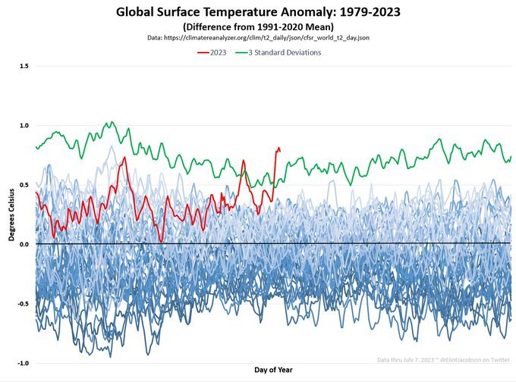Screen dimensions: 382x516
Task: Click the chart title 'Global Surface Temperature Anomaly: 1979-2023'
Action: pos(258,12)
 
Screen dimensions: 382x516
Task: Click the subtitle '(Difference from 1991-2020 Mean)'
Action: pos(258,26)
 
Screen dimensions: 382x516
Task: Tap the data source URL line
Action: pos(258,36)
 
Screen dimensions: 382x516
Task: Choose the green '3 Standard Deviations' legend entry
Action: pos(279,52)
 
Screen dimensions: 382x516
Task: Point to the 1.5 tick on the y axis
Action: pos(24,66)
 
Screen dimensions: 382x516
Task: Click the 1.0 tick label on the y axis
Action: pos(24,125)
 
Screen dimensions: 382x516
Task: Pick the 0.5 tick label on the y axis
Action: pos(24,185)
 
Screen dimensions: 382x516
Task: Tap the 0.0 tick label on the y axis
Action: pos(24,244)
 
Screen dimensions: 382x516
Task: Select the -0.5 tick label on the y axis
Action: pos(23,304)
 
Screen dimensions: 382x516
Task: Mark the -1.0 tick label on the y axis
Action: pos(23,363)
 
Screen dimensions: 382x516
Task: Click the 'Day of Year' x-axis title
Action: pos(272,370)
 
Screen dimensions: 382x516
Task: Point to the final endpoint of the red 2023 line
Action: pos(280,150)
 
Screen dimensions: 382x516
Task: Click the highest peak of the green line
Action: pos(111,122)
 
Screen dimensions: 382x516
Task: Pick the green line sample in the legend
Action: pos(244,52)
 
